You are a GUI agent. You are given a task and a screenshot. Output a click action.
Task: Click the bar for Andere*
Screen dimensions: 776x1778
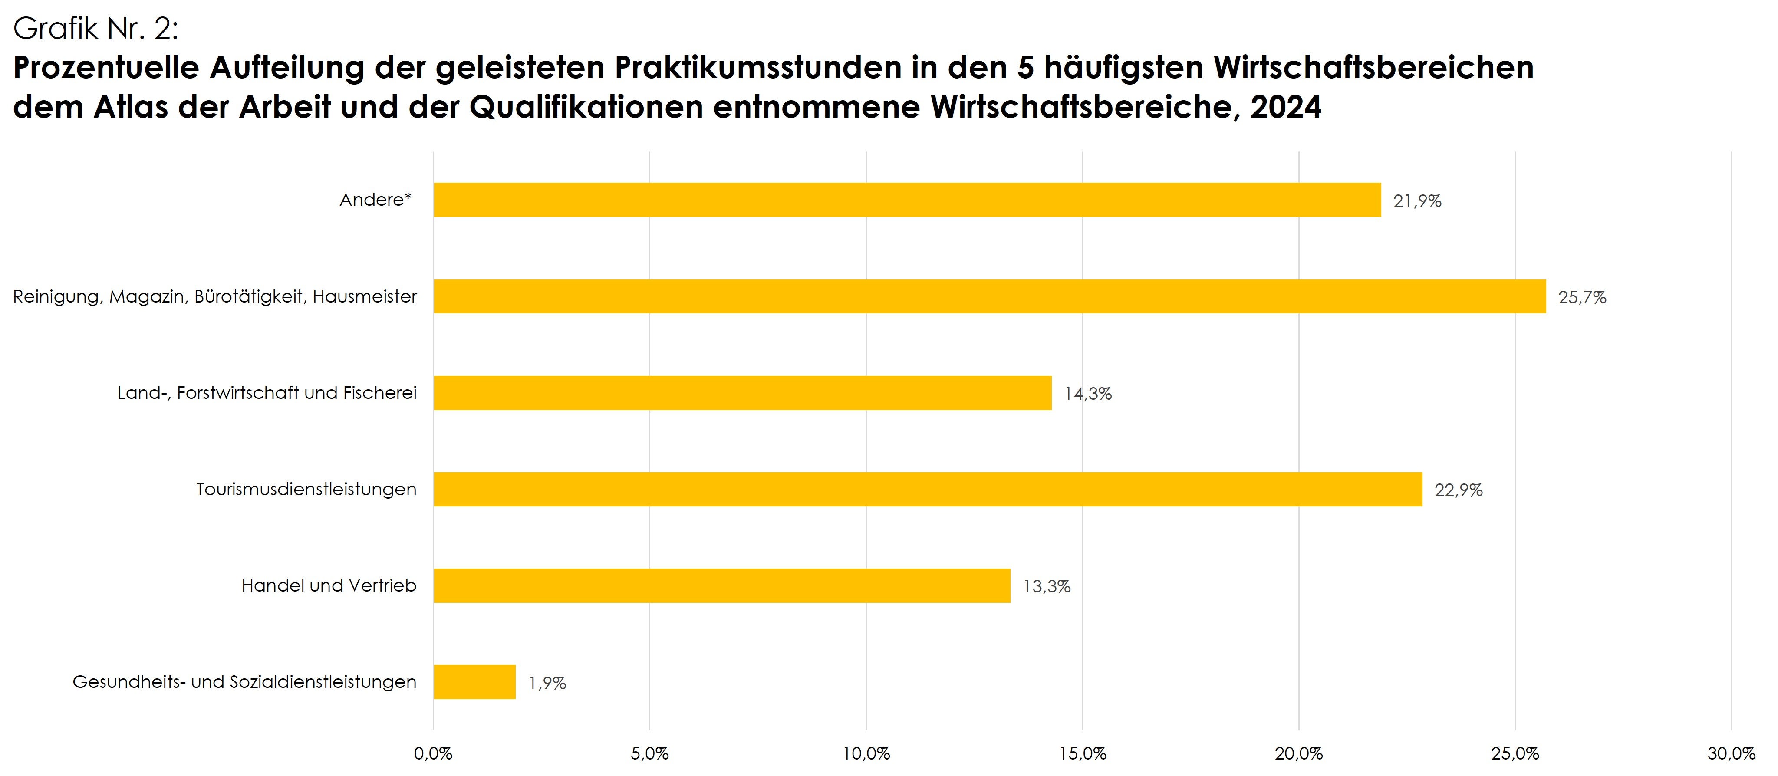[x=907, y=200]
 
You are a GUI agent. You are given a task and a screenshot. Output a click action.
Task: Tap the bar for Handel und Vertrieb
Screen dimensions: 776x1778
[x=721, y=585]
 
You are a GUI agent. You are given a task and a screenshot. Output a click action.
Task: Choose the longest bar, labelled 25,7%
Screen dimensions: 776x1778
[x=989, y=296]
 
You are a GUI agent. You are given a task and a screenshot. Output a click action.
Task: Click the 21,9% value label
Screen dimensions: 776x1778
[x=1417, y=201]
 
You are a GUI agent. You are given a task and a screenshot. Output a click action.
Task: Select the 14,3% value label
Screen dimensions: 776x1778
[x=1088, y=394]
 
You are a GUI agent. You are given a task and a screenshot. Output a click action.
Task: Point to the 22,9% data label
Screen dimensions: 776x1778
[x=1459, y=490]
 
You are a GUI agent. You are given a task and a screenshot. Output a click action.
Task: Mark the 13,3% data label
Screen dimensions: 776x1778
[x=1047, y=587]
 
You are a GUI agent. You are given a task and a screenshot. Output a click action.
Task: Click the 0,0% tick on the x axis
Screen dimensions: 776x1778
[x=433, y=754]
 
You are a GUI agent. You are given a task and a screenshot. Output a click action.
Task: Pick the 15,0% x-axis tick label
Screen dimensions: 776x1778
[x=1082, y=754]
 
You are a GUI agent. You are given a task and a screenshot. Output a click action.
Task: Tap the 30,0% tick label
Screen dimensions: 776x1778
[x=1731, y=754]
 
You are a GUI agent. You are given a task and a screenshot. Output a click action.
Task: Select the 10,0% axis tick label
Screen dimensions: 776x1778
[x=866, y=754]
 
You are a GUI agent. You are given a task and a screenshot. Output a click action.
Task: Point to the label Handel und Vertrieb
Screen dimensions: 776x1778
[x=329, y=585]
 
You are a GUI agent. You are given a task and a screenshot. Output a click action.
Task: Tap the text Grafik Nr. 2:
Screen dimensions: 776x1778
[x=96, y=29]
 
